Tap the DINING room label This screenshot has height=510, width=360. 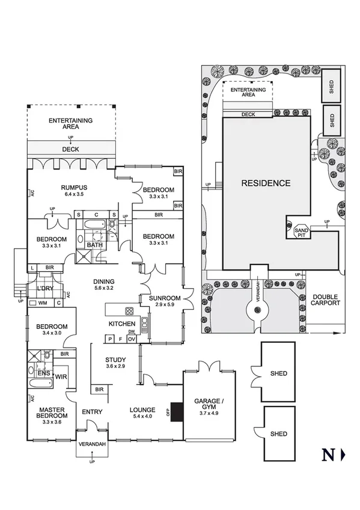point(106,281)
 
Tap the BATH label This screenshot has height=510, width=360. point(94,245)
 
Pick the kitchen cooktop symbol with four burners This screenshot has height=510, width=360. point(129,312)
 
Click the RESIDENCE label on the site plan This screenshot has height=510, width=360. point(266,183)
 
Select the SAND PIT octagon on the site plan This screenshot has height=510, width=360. point(301,231)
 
